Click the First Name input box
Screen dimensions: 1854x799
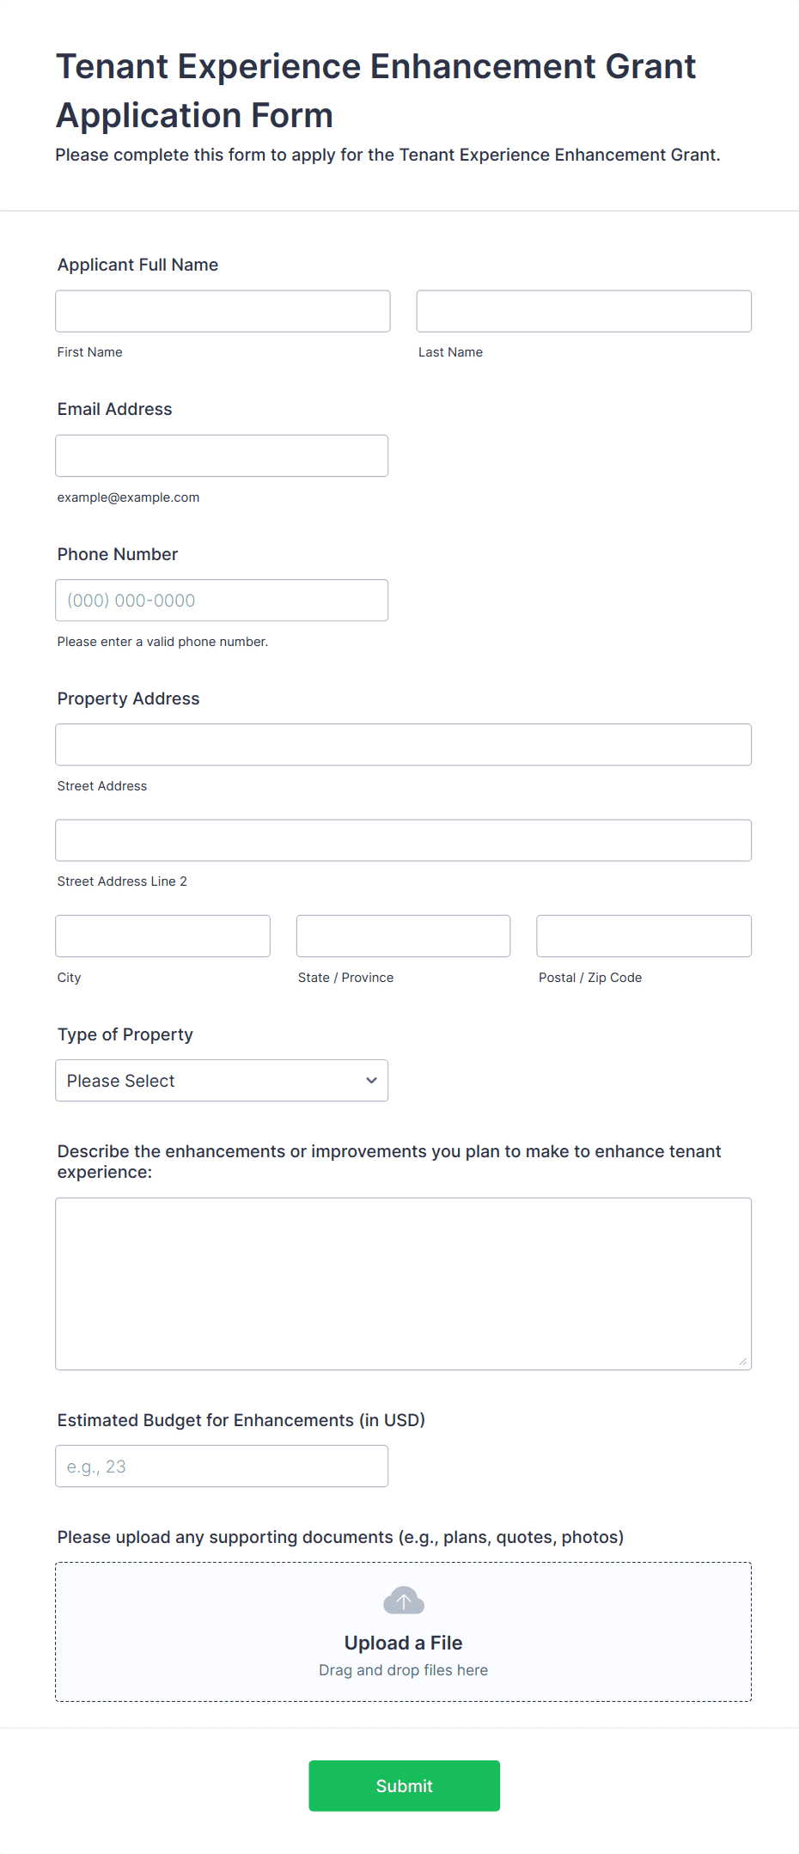[x=223, y=311]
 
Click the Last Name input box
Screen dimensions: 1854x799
[x=583, y=311]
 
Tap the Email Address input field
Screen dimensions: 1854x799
[x=222, y=455]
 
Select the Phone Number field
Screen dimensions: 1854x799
[x=222, y=601]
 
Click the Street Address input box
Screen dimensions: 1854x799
[x=403, y=745]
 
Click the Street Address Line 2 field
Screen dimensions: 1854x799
[x=403, y=840]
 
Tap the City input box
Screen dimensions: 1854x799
[x=162, y=936]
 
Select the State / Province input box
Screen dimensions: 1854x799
[x=403, y=936]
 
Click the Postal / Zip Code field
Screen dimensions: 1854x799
[x=643, y=936]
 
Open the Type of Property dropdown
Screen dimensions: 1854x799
[x=222, y=1081]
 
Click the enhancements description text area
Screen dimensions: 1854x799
[x=403, y=1284]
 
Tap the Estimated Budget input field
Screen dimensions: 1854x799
[x=222, y=1467]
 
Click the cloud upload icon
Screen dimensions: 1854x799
[x=404, y=1601]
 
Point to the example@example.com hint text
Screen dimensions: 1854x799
[x=128, y=497]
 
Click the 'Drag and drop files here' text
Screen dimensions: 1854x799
[x=403, y=1670]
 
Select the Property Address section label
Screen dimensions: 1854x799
[x=128, y=698]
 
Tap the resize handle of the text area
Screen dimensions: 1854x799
[x=742, y=1361]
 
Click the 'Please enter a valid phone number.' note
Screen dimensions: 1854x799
[x=162, y=642]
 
